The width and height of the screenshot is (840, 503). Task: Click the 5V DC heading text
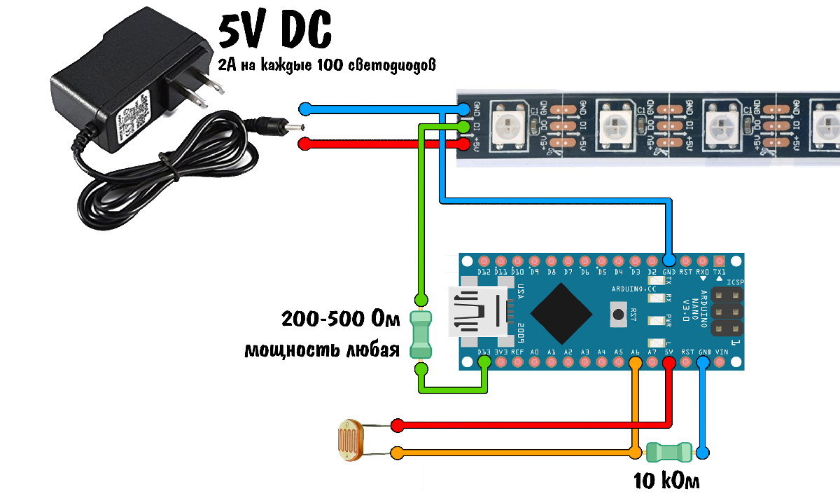click(274, 32)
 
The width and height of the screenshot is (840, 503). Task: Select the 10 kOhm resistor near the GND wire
click(669, 452)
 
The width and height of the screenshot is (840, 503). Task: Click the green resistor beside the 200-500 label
click(421, 336)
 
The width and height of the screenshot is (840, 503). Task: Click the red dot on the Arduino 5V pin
click(669, 363)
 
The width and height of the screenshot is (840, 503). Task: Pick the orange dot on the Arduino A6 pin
click(636, 363)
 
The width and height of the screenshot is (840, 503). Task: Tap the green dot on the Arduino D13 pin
click(484, 362)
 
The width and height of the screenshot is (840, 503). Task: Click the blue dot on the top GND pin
click(669, 259)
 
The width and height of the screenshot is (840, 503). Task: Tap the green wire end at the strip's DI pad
click(464, 126)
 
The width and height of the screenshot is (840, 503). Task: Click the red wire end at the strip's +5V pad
click(464, 144)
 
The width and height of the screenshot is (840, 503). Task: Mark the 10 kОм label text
click(666, 481)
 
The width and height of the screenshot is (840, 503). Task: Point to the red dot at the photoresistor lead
click(398, 425)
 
